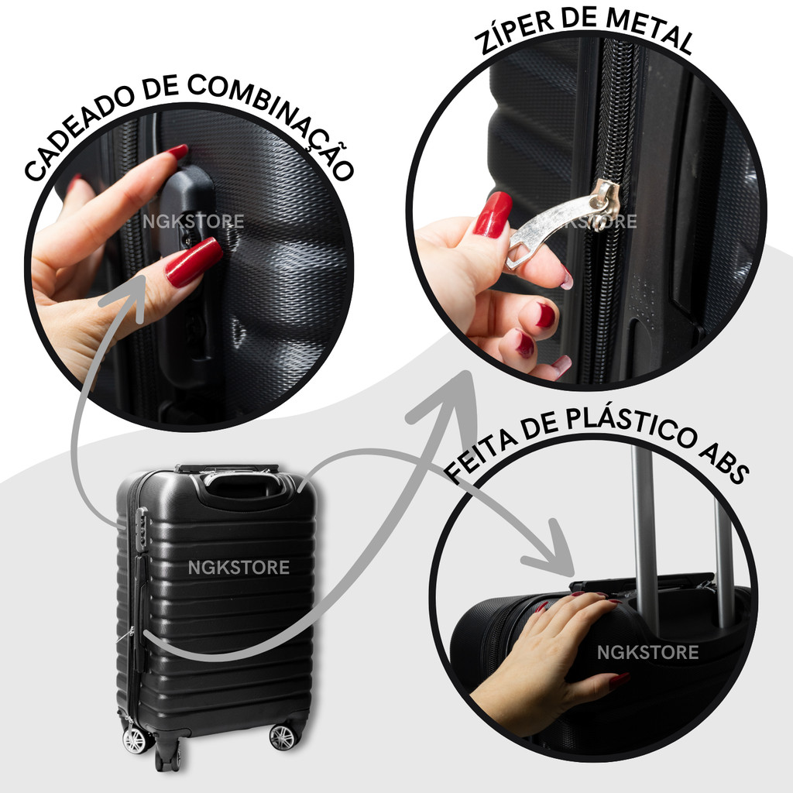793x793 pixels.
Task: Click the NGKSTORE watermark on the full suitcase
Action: point(239,568)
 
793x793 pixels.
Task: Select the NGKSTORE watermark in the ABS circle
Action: point(648,652)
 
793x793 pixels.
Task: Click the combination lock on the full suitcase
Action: point(142,527)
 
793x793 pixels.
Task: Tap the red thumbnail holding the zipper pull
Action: point(492,215)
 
